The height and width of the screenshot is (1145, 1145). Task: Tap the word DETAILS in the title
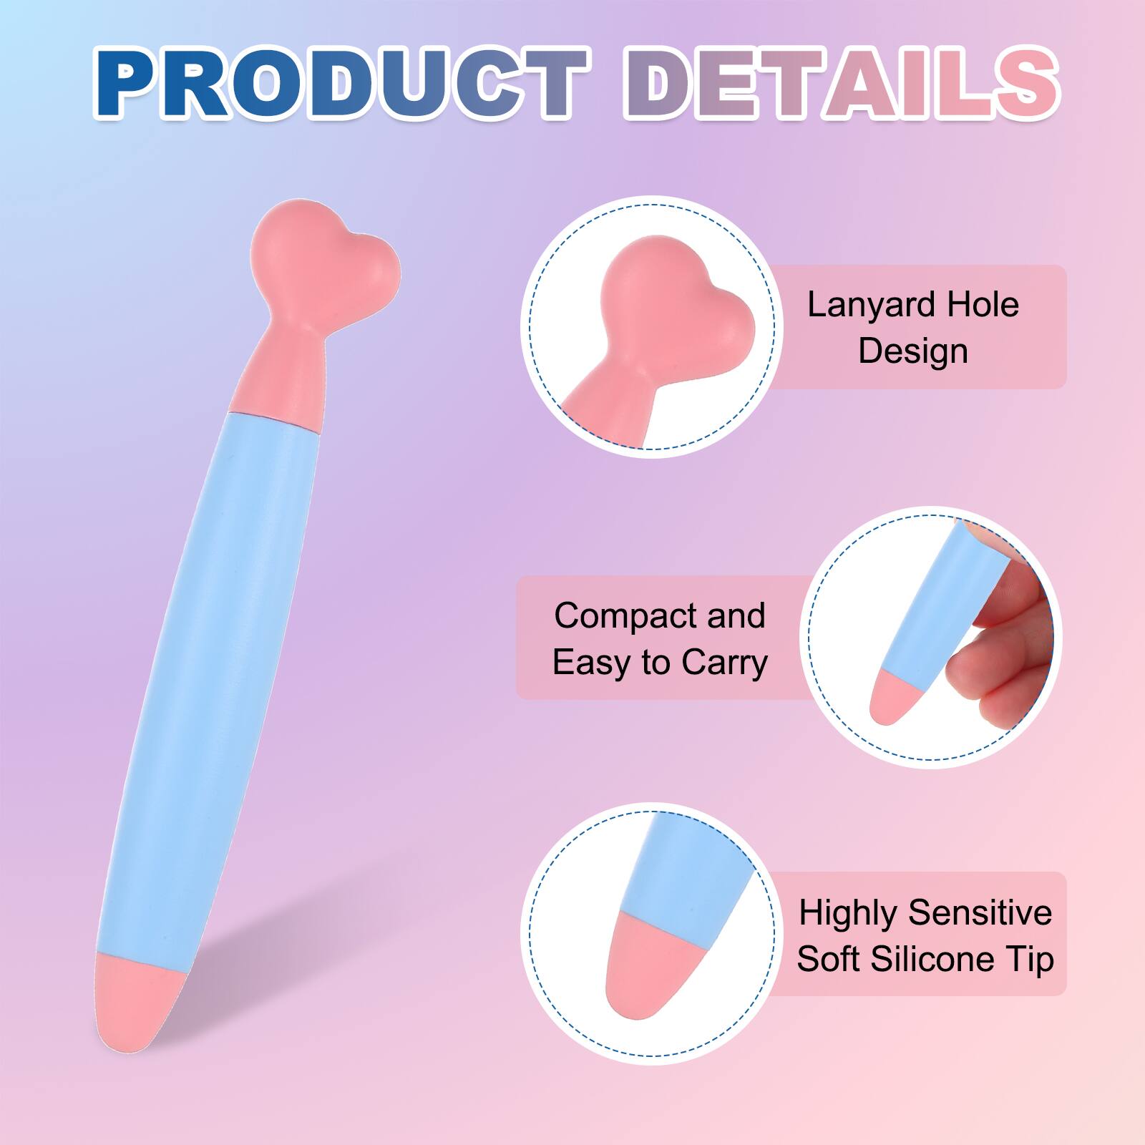coord(841,84)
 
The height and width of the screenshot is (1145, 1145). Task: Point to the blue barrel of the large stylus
coord(215,680)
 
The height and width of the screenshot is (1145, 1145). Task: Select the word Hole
coord(983,305)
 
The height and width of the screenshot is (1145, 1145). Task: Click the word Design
coord(913,351)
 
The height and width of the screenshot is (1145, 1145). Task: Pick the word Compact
coord(613,615)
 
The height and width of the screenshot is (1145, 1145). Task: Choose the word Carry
coord(724,662)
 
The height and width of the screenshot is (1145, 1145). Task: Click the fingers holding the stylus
coord(1002,630)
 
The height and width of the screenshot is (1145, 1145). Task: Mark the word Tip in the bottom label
coord(1030,959)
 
